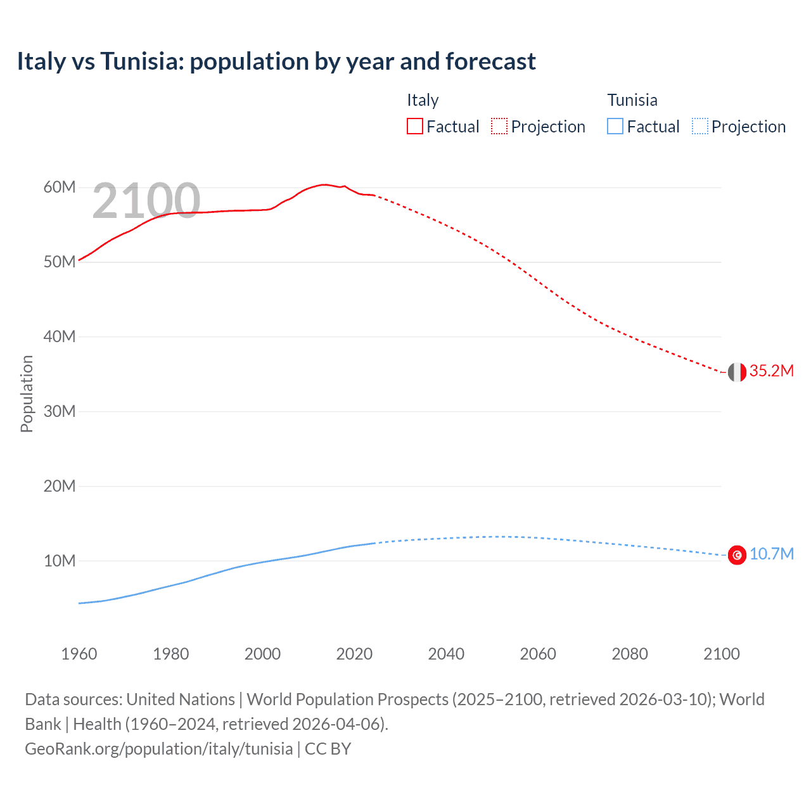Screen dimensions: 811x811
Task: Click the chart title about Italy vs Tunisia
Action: (276, 61)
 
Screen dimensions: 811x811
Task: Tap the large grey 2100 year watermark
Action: (146, 201)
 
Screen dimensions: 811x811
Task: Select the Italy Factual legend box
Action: (414, 126)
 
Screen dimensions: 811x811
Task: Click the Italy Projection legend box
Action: (499, 126)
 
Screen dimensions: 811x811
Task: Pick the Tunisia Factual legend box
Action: (615, 126)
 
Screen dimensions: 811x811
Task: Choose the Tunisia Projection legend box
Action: (699, 126)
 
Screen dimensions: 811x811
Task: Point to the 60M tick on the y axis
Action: (60, 187)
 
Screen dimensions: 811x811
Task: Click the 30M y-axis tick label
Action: (60, 411)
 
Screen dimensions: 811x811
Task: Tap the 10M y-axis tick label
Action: (60, 561)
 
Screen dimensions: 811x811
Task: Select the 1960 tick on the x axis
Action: (79, 654)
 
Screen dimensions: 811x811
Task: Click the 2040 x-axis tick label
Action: (446, 654)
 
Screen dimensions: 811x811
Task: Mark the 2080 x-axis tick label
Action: (630, 654)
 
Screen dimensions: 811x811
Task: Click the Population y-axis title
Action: (27, 393)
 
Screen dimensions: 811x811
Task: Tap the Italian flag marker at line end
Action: (737, 373)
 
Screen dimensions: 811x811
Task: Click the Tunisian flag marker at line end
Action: (737, 555)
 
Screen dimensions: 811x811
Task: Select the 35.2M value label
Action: (771, 371)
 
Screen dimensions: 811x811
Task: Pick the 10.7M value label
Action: (771, 554)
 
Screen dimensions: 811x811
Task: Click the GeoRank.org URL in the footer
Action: (158, 749)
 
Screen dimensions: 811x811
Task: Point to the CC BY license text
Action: (328, 749)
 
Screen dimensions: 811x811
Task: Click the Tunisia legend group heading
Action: (632, 100)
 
